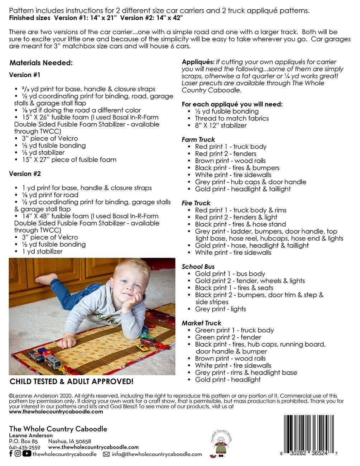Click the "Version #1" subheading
(24, 75)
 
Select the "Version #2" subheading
(25, 174)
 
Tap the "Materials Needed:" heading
(41, 63)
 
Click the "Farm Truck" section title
(198, 139)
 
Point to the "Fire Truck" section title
(196, 203)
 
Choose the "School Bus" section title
(198, 267)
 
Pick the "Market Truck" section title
(201, 323)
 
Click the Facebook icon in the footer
(11, 453)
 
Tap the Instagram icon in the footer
(18, 453)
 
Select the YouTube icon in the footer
(27, 453)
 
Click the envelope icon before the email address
(106, 454)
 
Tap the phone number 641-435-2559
(24, 447)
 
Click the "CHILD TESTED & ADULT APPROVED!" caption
(71, 381)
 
